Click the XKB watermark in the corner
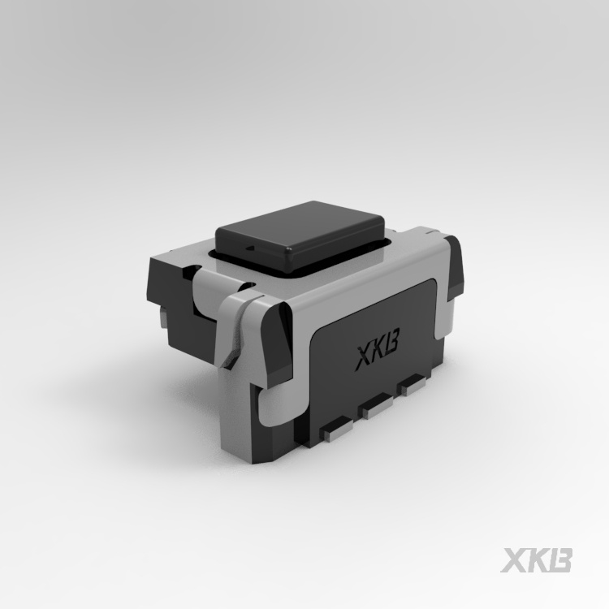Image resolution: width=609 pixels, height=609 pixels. pyautogui.click(x=537, y=561)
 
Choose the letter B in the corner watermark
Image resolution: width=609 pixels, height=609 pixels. pyautogui.click(x=559, y=561)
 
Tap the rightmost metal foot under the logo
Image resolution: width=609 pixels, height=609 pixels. pyautogui.click(x=415, y=383)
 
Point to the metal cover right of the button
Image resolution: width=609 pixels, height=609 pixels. pyautogui.click(x=406, y=244)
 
